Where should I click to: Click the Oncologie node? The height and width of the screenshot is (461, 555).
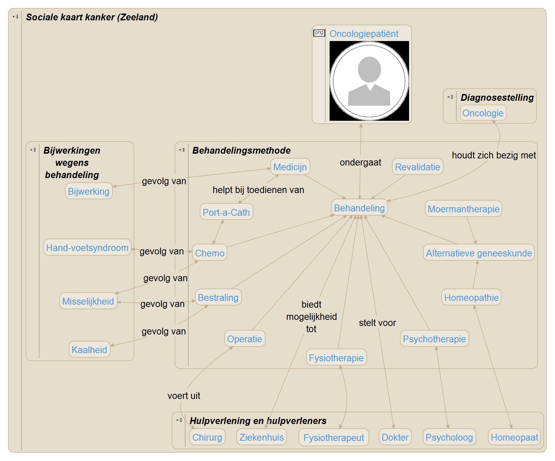point(483,113)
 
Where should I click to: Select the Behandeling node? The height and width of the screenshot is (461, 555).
point(359,208)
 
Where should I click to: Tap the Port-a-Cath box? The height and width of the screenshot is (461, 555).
point(226,212)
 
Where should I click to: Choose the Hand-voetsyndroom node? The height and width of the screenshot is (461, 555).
point(87,248)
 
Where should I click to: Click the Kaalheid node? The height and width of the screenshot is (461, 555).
point(89,350)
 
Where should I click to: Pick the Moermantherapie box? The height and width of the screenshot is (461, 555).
point(463,209)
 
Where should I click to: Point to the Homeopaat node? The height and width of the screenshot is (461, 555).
point(514,437)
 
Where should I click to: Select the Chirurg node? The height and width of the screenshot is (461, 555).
point(207,437)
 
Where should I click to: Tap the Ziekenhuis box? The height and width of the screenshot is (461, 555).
point(261,437)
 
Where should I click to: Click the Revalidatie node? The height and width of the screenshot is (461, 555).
point(418,167)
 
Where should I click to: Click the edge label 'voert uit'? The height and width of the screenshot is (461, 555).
point(184,396)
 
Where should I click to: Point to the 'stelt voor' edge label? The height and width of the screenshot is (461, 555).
point(377,323)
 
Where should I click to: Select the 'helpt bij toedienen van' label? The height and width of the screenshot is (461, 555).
point(258,190)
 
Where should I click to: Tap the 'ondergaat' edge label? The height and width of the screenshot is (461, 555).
point(360,162)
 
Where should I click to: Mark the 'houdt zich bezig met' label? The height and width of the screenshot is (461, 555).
point(494,155)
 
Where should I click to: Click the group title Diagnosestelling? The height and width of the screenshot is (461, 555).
point(497,98)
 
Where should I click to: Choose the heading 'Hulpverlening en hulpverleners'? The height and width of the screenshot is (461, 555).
point(258,421)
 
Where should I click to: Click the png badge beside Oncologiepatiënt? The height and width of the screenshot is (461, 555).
point(319,33)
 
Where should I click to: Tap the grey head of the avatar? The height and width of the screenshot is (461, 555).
point(369,69)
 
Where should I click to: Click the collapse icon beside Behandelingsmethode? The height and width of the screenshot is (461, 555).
point(182,150)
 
